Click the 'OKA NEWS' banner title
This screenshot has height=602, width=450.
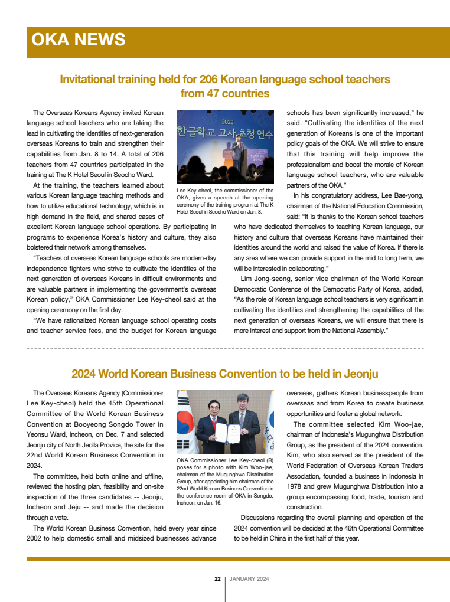[78, 40]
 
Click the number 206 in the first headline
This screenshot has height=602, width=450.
[211, 79]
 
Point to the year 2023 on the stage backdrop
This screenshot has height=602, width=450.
[227, 122]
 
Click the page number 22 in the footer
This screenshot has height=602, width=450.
[217, 579]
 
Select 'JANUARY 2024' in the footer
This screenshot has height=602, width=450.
[249, 579]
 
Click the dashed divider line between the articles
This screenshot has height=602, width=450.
[225, 349]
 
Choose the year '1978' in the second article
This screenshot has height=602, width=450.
[296, 487]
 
